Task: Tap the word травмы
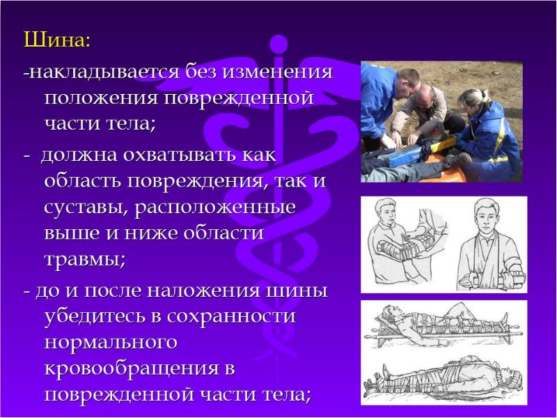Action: [84, 261]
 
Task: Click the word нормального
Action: [111, 342]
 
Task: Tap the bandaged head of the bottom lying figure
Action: [513, 380]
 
